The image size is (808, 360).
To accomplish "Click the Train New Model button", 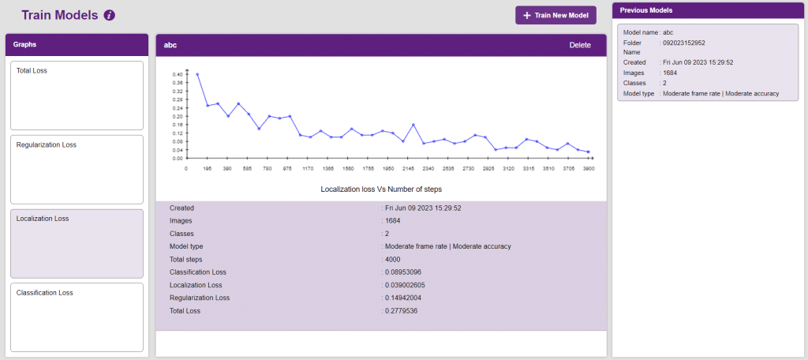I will click(x=555, y=15).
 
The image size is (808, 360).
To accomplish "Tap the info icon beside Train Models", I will click(x=110, y=15).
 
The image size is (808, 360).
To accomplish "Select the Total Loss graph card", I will click(x=77, y=95).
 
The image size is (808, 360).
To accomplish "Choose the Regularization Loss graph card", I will click(x=77, y=169).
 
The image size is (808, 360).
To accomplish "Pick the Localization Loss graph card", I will click(x=77, y=243).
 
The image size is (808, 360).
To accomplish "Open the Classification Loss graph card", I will click(x=77, y=317).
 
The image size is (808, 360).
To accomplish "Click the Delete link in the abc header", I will click(x=580, y=45).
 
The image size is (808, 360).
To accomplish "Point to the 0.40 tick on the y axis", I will click(x=178, y=74).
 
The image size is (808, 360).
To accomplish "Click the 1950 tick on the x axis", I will click(x=388, y=168).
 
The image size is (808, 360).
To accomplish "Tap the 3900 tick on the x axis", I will click(x=588, y=168).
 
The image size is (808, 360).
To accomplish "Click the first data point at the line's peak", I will click(x=197, y=74).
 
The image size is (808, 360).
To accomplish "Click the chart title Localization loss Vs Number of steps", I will click(x=381, y=189).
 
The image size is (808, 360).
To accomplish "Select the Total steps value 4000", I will click(x=393, y=259).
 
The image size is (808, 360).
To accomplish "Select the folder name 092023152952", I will click(x=684, y=43).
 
